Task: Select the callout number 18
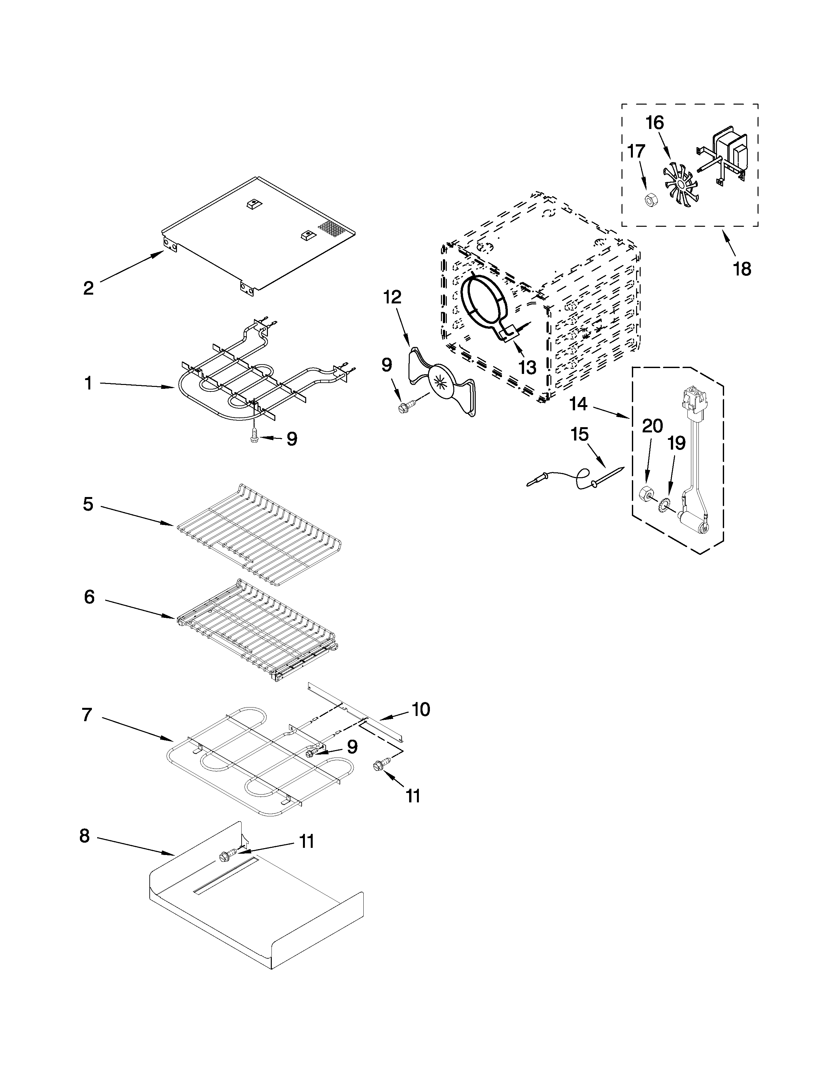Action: coord(742,269)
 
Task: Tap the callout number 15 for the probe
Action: coord(579,434)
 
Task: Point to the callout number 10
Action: coord(421,709)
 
